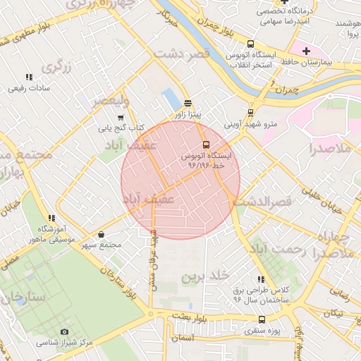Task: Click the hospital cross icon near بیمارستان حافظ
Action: (306, 51)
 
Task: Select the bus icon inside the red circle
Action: (206, 145)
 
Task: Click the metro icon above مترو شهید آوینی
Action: (250, 112)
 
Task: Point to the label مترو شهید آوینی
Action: (251, 124)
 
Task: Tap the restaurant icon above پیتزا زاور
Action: (188, 103)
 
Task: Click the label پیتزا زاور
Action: (188, 114)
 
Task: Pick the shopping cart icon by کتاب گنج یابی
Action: (121, 117)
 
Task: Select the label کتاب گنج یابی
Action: (121, 128)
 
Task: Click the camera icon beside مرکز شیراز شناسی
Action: (65, 331)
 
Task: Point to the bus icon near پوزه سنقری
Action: (281, 319)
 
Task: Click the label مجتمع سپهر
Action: (101, 245)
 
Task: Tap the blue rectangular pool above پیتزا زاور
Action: (171, 99)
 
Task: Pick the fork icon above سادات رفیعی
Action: (29, 77)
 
